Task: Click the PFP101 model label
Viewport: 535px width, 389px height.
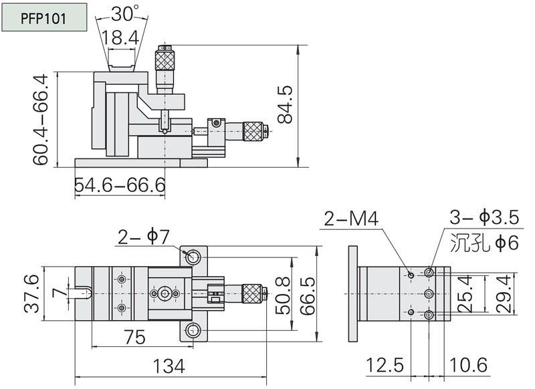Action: click(43, 18)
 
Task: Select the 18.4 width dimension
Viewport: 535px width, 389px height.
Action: click(120, 37)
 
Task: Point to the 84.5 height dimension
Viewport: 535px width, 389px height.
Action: click(286, 104)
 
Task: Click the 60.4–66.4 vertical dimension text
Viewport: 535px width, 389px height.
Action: click(41, 120)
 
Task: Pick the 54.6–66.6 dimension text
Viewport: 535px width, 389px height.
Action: click(120, 185)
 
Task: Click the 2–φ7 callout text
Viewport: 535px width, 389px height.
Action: click(144, 237)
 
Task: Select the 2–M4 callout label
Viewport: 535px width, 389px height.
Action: click(351, 219)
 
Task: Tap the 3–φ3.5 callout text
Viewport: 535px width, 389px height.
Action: click(484, 217)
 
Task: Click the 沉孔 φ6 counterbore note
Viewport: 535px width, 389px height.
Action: click(484, 243)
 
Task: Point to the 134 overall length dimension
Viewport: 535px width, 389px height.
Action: click(169, 366)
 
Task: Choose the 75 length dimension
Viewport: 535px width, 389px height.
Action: click(134, 337)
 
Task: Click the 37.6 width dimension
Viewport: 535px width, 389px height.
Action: click(32, 294)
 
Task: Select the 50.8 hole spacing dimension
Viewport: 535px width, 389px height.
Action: click(282, 295)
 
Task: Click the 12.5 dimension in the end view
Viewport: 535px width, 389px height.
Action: click(385, 366)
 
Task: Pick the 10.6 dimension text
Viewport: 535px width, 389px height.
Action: click(469, 366)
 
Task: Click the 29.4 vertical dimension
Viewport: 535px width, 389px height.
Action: click(504, 294)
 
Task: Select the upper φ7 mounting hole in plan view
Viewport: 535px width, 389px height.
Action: click(193, 257)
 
